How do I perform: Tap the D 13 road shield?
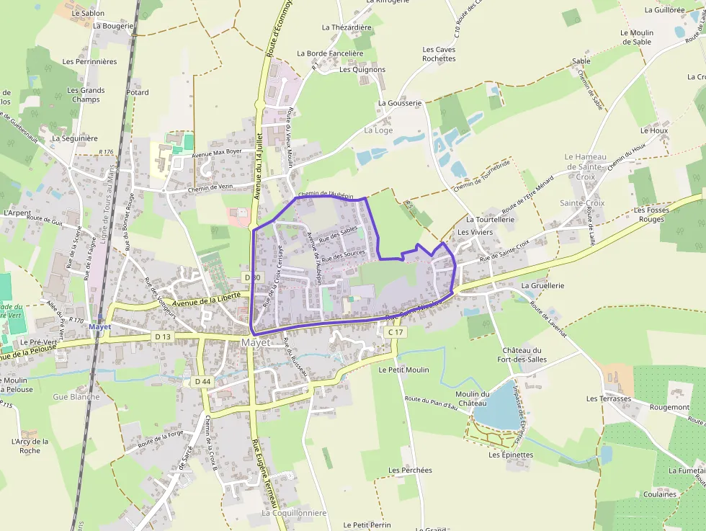pos(163,336)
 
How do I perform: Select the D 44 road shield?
pos(202,381)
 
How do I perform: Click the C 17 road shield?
pos(396,332)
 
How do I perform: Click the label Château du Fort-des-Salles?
pos(522,354)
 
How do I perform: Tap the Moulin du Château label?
pos(473,398)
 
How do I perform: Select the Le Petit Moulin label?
pos(403,370)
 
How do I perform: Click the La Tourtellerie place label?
pos(490,219)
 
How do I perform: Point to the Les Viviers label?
pos(475,232)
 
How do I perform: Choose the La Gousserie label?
pos(400,103)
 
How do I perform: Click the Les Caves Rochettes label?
pos(439,54)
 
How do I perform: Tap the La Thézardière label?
pos(347,27)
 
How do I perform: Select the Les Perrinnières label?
pos(89,61)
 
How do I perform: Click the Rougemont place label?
pos(669,407)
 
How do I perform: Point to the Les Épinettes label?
pos(511,455)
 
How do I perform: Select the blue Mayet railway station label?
pos(99,327)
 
